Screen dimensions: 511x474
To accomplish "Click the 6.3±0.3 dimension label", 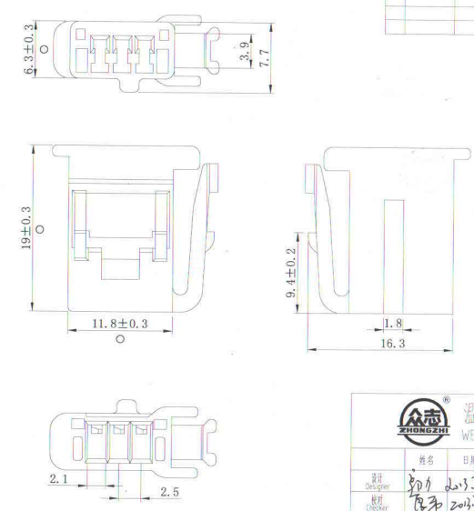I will click(27, 52).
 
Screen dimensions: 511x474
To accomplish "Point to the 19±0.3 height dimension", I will click(27, 226).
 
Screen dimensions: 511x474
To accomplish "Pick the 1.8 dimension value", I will click(393, 325).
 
